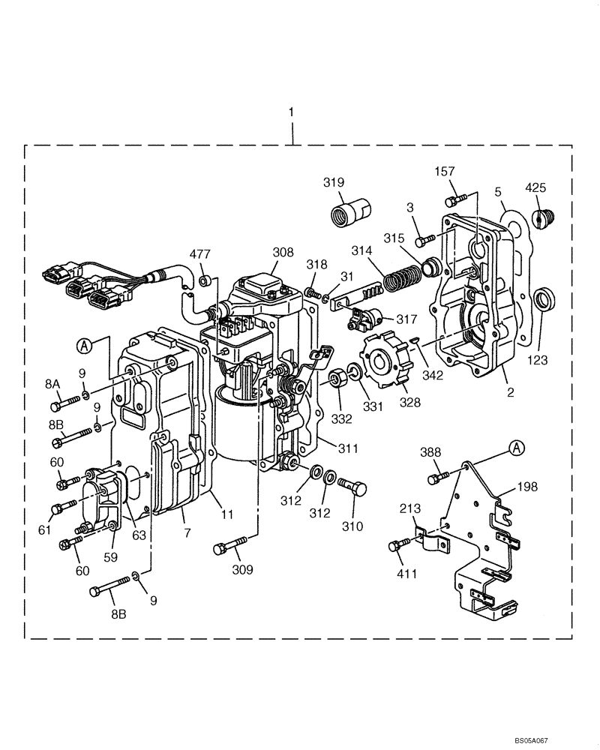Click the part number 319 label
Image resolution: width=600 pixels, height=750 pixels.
click(334, 182)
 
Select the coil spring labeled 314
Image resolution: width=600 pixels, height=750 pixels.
click(403, 280)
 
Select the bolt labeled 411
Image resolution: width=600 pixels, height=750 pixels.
click(400, 544)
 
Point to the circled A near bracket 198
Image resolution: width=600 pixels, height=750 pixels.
click(516, 448)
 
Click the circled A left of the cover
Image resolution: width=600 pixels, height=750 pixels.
click(85, 346)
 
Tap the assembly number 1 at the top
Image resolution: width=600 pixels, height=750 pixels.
click(292, 112)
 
